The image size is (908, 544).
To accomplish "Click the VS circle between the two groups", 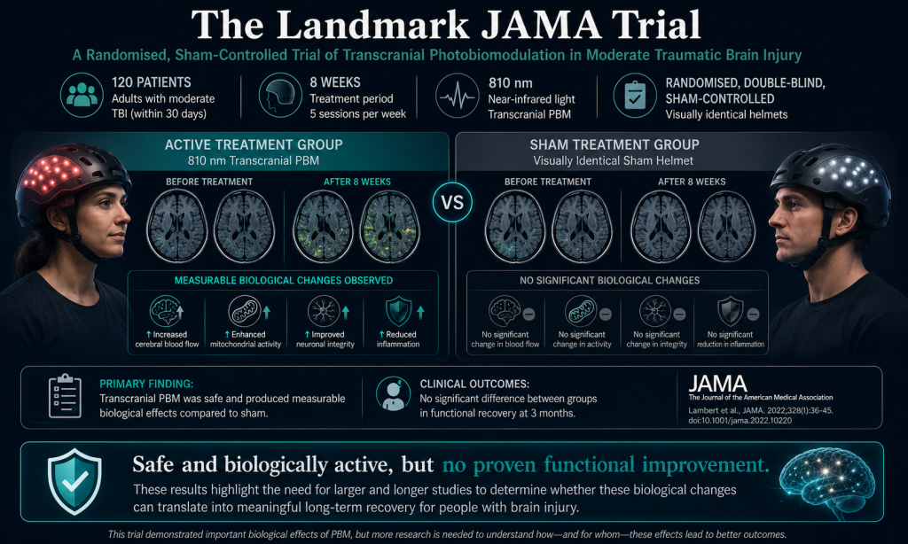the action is pos(452,203).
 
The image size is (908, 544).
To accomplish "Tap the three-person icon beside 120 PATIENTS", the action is pos(82,95).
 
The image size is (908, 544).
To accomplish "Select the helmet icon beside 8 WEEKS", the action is pos(280,95).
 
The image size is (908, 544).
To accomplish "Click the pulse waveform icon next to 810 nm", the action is pos(458,96).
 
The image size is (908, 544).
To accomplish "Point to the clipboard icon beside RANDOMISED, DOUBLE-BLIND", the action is pos(635,96).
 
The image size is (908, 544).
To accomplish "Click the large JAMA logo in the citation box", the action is pos(717,384).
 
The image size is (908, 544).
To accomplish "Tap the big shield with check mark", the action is pos(74,481).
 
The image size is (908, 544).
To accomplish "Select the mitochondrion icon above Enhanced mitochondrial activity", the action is pos(245,311).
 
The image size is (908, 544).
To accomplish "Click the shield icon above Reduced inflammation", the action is pos(398,311).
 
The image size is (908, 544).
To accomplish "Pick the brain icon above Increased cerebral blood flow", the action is pos(166,311).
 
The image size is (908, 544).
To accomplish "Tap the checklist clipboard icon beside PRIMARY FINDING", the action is pos(65,396).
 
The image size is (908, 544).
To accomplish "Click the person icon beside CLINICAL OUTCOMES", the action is pos(393,394).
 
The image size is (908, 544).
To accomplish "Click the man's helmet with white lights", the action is pos(832,182).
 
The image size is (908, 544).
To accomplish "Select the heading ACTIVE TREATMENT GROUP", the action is pos(254,144).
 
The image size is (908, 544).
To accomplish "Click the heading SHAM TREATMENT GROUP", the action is pos(614,144).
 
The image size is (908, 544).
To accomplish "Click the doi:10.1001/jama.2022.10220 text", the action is pos(740,421).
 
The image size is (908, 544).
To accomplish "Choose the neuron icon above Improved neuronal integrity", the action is pos(324,311).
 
